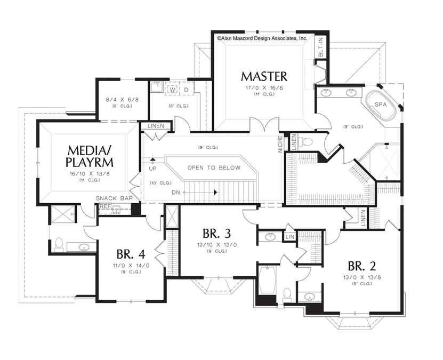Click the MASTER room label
264,76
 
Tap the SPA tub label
381,105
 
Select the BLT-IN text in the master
321,47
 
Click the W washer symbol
172,90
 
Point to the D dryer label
186,90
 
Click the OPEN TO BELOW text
214,167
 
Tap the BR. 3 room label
216,234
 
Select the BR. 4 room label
131,254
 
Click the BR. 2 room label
362,266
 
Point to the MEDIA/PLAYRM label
89,156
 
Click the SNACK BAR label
114,198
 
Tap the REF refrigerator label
105,206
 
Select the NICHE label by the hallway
280,144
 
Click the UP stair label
153,169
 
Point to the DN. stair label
176,193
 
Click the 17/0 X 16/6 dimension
264,88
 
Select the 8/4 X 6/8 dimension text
122,100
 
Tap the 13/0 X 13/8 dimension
362,277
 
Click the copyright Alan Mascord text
262,38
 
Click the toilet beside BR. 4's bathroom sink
59,245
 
